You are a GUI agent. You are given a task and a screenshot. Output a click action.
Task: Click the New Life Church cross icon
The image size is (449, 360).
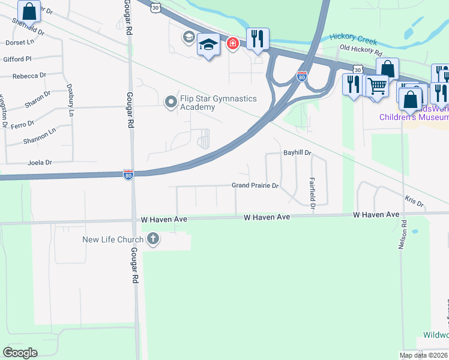pyautogui.click(x=153, y=240)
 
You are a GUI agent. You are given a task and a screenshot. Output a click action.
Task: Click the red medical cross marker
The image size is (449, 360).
pyautogui.click(x=232, y=43)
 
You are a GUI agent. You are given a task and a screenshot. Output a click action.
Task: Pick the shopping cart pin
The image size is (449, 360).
pyautogui.click(x=377, y=85)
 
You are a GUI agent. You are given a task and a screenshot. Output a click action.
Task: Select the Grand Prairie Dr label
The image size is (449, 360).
pyautogui.click(x=255, y=186)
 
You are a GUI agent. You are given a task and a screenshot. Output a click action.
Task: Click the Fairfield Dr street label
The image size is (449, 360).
pyautogui.click(x=312, y=193)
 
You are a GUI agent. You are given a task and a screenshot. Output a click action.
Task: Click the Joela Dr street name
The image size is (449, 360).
pyautogui.click(x=40, y=163)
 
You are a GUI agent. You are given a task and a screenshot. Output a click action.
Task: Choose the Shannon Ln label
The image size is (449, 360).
pyautogui.click(x=38, y=134)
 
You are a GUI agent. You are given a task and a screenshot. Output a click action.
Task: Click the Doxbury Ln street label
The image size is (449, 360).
pyautogui.click(x=70, y=100)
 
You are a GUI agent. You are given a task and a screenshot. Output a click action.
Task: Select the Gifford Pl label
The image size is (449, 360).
pyautogui.click(x=17, y=59)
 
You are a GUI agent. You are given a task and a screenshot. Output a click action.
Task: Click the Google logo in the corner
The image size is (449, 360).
pyautogui.click(x=20, y=353)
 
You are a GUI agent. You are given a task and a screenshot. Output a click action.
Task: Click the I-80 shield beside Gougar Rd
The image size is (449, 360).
pyautogui.click(x=128, y=175)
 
